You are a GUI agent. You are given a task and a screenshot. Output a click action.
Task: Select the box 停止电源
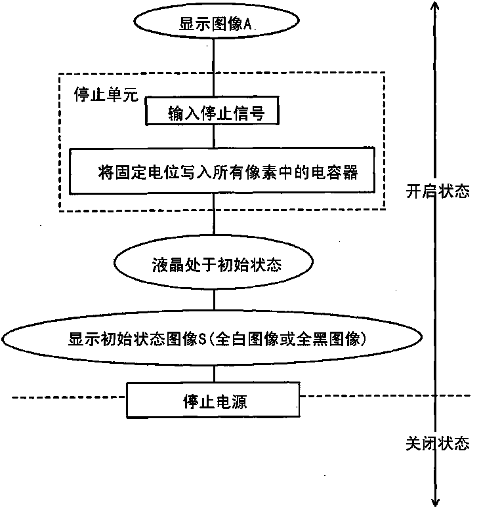click(x=214, y=400)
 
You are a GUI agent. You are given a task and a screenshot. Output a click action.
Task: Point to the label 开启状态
click(x=437, y=192)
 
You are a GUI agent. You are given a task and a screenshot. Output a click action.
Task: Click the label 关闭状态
click(x=437, y=443)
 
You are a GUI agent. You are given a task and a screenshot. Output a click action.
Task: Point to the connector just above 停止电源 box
click(x=214, y=372)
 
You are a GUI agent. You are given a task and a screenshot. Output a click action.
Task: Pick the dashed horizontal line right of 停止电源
click(x=387, y=396)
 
